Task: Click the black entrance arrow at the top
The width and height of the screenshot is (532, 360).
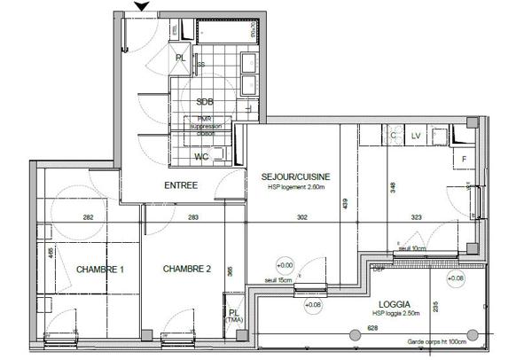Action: [x=141, y=8]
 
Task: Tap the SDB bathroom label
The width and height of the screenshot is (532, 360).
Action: [x=205, y=101]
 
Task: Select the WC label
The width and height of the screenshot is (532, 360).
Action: [x=203, y=156]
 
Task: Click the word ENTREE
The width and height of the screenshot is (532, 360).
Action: [x=181, y=185]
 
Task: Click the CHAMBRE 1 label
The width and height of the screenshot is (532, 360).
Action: [x=98, y=270]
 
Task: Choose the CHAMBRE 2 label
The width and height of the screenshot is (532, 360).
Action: [x=185, y=270]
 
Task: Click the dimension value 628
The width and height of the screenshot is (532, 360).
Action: [x=372, y=329]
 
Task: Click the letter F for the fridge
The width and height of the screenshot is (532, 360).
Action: [x=464, y=159]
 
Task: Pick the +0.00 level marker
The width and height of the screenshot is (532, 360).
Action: [x=285, y=264]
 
